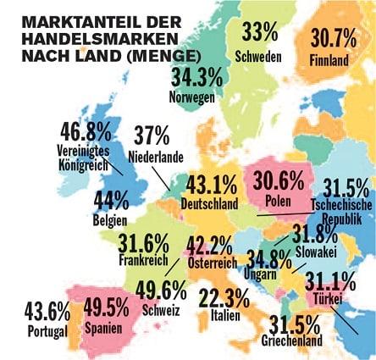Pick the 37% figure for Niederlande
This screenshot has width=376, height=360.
point(152,136)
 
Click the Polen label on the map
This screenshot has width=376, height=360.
point(278,202)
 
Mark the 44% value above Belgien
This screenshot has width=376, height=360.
point(111,200)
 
